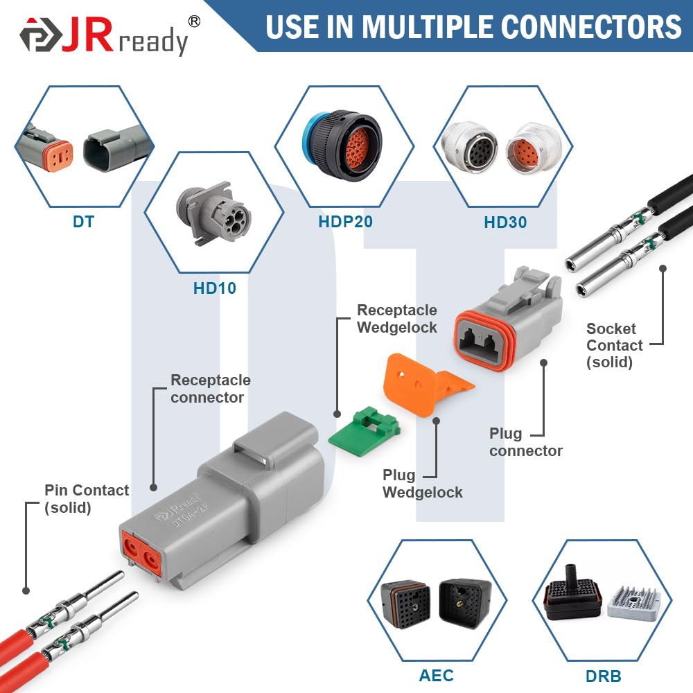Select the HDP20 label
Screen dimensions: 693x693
(345, 222)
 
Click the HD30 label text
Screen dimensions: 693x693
(505, 222)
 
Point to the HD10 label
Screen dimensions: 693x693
(215, 288)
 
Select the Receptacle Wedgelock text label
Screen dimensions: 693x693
(397, 319)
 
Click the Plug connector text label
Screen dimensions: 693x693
(525, 442)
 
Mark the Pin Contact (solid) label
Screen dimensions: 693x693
(87, 498)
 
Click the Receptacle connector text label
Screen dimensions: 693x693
(211, 389)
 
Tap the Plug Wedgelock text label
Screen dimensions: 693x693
(422, 484)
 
